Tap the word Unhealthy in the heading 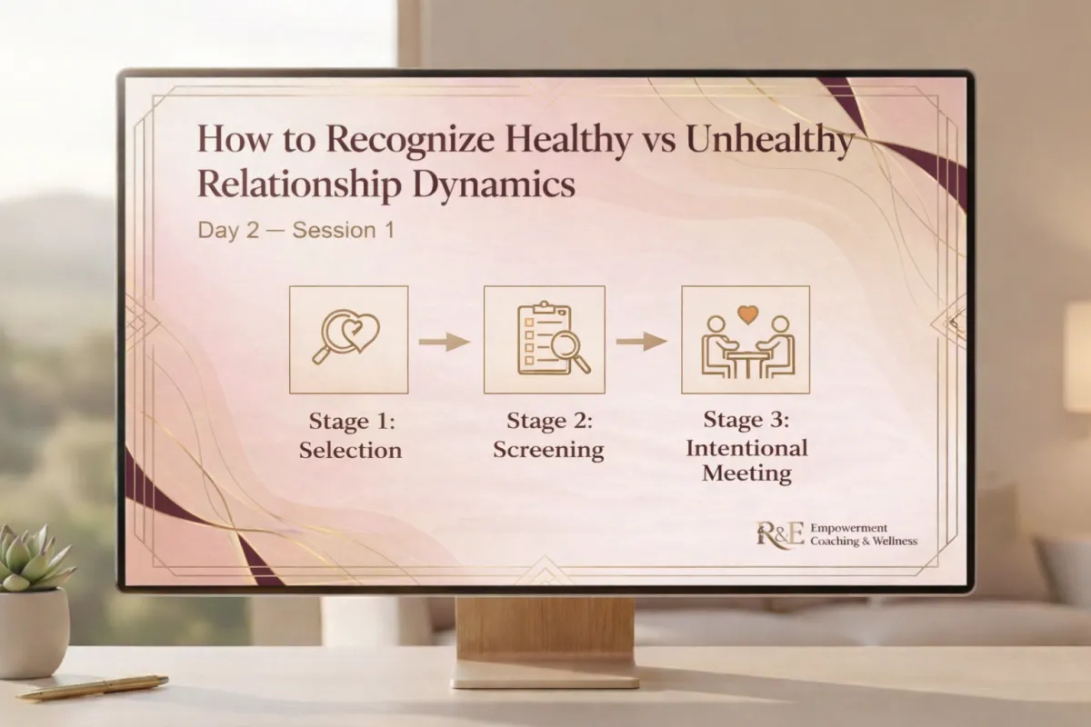tap(770, 140)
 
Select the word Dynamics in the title tap(494, 186)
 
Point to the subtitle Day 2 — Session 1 tap(296, 230)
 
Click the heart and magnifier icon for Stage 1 tap(346, 337)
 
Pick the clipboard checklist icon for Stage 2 tap(553, 339)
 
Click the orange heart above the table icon tap(747, 314)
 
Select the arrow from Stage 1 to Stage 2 tap(445, 342)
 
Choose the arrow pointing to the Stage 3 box tap(642, 342)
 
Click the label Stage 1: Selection tap(351, 436)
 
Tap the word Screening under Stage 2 tap(548, 450)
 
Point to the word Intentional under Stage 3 tap(746, 448)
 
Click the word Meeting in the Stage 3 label tap(746, 473)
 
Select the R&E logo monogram tap(780, 534)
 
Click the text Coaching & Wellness tap(864, 541)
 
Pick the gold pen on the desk tap(93, 687)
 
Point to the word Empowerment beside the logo tap(848, 528)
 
